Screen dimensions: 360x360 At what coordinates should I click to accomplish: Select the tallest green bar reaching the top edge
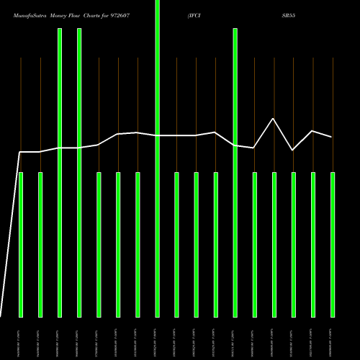point(157,158)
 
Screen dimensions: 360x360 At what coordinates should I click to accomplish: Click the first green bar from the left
point(21,245)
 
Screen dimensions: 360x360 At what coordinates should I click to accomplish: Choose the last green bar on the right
point(333,245)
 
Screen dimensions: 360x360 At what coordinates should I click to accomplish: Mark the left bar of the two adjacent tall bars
point(60,173)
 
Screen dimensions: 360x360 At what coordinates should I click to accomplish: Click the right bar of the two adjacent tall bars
point(79,173)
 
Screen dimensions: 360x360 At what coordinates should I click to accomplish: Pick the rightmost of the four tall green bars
point(235,173)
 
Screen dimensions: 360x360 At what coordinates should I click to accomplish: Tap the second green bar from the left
point(40,245)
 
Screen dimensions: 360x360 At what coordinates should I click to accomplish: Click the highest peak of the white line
point(273,119)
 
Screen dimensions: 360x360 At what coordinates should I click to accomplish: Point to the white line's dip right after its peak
point(292,150)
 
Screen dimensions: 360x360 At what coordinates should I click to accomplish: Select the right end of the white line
point(331,137)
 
